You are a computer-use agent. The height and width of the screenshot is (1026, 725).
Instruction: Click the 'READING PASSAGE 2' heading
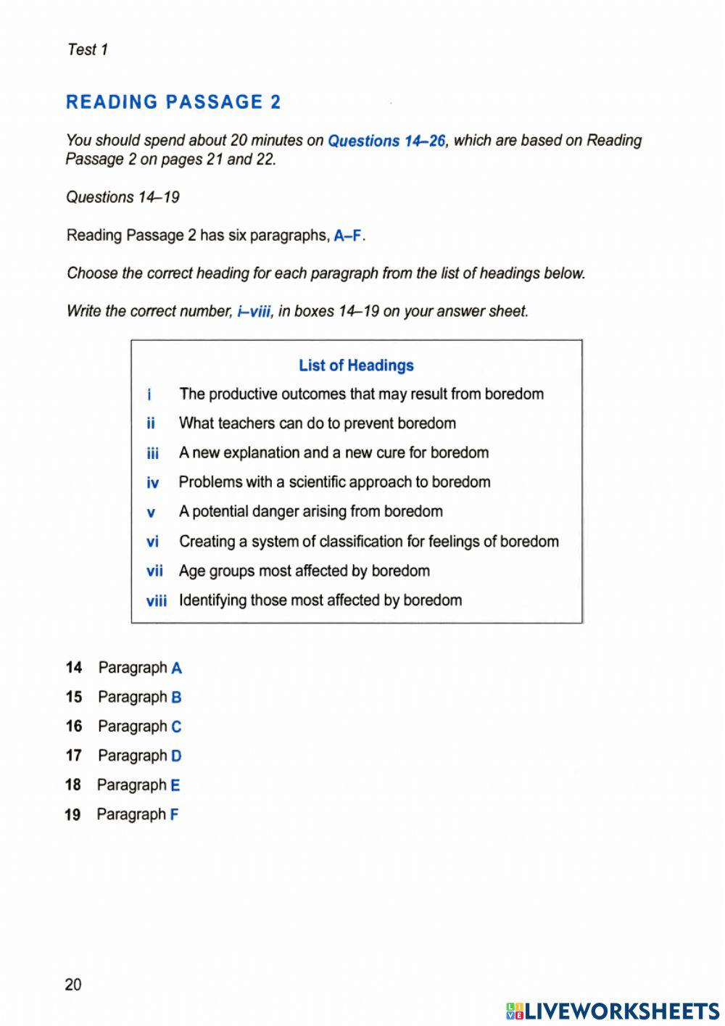tap(173, 102)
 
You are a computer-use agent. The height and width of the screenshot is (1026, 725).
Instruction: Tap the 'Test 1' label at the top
tap(87, 49)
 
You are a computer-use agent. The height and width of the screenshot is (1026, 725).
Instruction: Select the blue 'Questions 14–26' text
tap(386, 141)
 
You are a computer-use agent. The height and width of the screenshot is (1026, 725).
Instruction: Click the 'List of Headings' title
tap(356, 365)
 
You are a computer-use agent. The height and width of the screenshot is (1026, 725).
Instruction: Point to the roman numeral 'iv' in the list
tap(152, 483)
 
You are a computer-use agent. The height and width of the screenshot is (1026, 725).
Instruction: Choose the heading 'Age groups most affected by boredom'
tap(304, 571)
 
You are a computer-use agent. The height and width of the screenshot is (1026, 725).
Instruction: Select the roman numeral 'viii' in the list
tap(156, 601)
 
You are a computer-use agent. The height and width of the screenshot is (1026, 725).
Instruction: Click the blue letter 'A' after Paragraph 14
tap(176, 669)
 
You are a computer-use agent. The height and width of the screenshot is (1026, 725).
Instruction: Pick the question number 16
tap(73, 727)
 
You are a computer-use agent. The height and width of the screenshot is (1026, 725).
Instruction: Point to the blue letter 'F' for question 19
tap(174, 815)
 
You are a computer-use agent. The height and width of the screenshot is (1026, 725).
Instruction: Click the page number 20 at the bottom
tap(73, 985)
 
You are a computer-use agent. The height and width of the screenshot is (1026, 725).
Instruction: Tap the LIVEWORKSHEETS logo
tap(613, 1011)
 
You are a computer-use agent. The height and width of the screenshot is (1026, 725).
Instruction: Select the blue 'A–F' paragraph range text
tap(347, 236)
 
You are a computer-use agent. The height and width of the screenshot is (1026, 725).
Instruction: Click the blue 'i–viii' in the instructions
tap(254, 312)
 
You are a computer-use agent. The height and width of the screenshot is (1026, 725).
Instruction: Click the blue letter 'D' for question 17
tap(176, 756)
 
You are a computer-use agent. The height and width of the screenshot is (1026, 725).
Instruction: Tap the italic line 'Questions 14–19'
tap(123, 197)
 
